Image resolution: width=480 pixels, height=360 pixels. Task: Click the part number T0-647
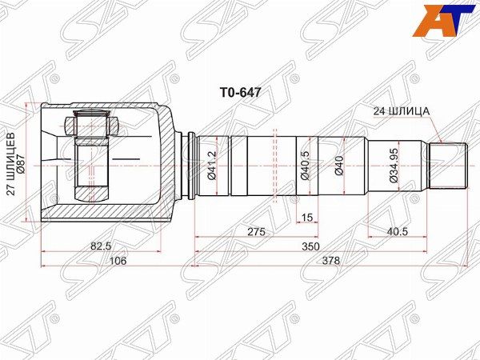coord(240,92)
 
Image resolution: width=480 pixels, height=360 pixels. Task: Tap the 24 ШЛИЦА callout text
coord(401,111)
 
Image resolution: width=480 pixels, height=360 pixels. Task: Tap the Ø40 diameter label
coord(339,166)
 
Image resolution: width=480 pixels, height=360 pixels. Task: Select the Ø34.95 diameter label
coord(394,166)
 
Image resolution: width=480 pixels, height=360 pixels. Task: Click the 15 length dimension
coord(307,218)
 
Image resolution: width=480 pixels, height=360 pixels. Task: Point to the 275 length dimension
coord(256,232)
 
